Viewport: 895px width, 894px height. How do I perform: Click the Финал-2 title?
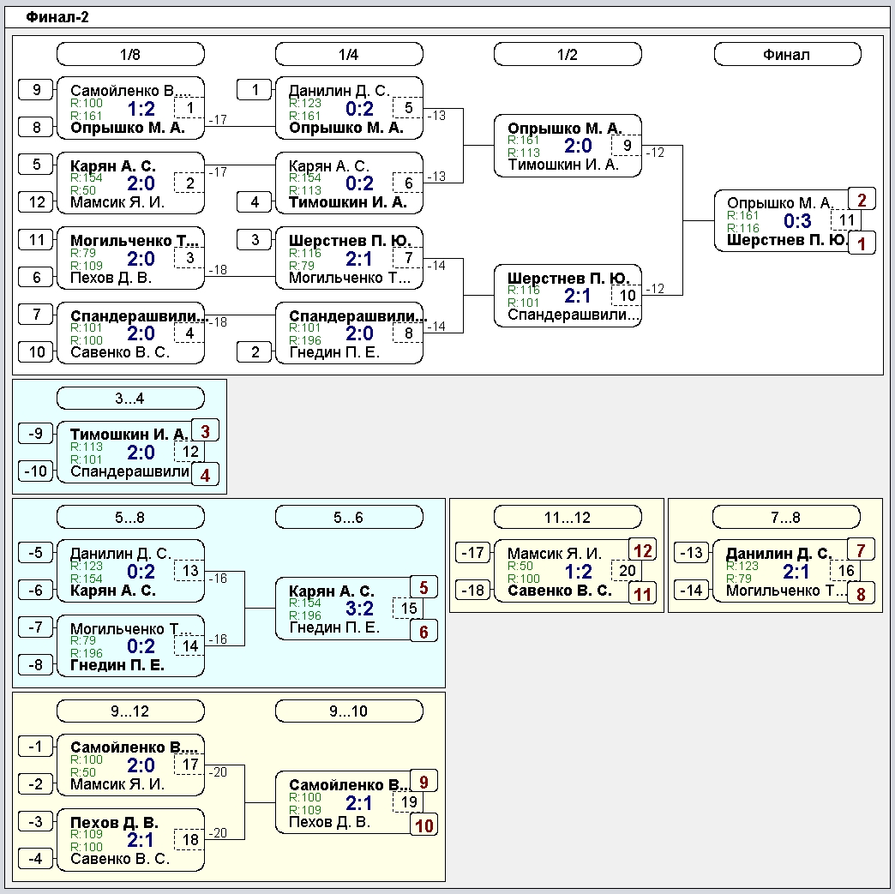point(57,17)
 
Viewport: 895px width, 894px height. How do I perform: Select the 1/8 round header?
point(130,54)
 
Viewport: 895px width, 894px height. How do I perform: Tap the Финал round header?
point(787,54)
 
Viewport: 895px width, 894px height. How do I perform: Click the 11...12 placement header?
point(568,517)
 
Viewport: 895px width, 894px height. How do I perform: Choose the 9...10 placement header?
point(349,711)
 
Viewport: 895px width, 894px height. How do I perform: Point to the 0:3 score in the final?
point(797,220)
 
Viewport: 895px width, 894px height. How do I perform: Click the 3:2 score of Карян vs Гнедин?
point(359,608)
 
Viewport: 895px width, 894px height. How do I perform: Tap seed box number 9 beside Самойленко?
point(36,90)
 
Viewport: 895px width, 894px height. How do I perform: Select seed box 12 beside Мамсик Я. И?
point(36,201)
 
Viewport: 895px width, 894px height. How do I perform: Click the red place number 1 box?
point(862,243)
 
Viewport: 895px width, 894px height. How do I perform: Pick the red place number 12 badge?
point(643,550)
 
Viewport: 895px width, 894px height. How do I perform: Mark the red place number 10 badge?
point(424,825)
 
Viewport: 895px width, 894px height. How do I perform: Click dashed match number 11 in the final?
point(846,220)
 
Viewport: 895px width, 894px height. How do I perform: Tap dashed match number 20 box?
point(628,570)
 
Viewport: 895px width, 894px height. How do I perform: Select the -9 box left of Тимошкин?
point(36,434)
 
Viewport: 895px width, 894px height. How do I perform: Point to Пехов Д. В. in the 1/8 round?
point(111,278)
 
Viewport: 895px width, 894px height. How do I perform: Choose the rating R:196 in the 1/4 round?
point(305,340)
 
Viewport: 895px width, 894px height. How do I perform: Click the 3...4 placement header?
point(130,398)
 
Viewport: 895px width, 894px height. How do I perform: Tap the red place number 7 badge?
point(862,550)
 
